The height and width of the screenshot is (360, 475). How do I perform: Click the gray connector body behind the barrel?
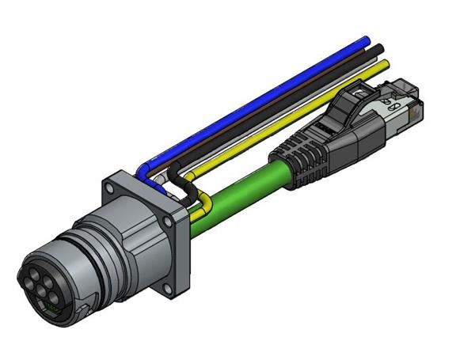[x=131, y=237]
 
